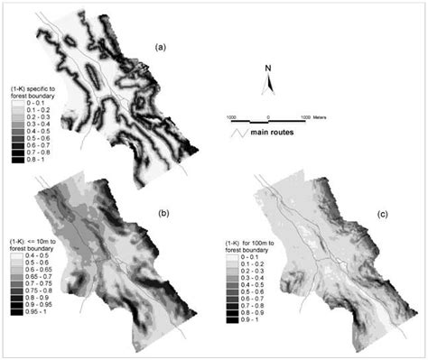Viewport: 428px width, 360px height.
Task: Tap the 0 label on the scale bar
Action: click(268, 118)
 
